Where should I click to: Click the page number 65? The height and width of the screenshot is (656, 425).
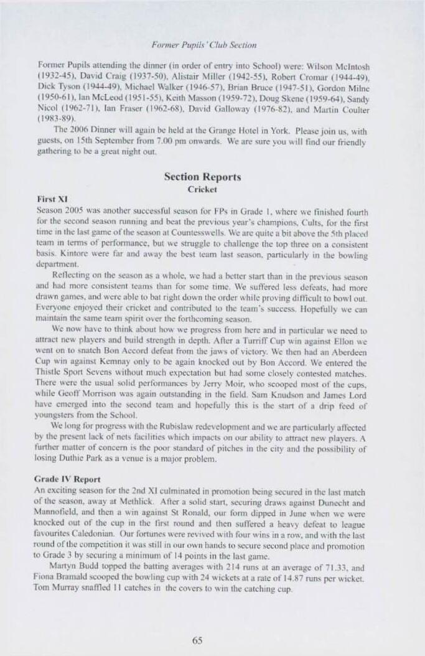click(197, 641)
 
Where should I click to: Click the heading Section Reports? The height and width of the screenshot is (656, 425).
click(202, 177)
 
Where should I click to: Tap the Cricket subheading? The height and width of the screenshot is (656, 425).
click(202, 189)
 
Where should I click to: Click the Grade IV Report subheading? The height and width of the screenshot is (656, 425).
click(67, 480)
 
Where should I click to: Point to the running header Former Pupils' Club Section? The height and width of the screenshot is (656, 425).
click(203, 45)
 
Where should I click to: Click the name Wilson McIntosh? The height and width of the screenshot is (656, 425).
click(340, 64)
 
